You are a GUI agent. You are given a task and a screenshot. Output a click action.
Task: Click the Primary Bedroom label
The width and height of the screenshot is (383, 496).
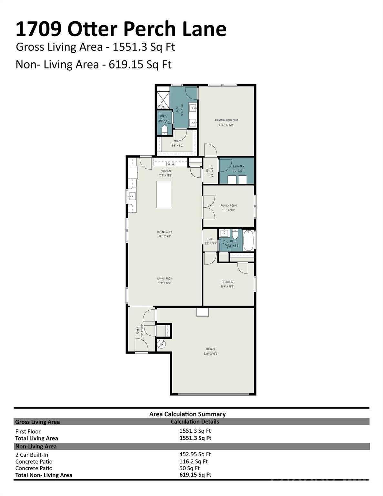(226, 120)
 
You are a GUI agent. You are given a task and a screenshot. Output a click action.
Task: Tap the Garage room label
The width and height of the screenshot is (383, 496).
(211, 349)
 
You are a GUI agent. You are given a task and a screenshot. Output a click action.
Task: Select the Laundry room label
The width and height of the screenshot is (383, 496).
(238, 166)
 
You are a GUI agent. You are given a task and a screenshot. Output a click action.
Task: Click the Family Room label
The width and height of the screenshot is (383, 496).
(228, 205)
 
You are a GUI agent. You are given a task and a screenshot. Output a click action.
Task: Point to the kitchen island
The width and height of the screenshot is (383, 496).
(164, 194)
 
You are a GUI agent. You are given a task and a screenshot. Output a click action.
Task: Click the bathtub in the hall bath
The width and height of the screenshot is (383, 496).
(248, 240)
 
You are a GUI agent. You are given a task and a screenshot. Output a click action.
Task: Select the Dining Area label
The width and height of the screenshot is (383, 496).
(165, 232)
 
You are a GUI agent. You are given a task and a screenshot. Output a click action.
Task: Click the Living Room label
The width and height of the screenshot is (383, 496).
(165, 278)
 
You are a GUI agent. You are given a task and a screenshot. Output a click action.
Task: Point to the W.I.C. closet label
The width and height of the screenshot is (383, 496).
(177, 141)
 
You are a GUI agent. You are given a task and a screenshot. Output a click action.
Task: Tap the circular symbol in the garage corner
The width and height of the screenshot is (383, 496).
(161, 345)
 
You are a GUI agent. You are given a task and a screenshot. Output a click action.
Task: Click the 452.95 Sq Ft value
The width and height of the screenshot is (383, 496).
(195, 454)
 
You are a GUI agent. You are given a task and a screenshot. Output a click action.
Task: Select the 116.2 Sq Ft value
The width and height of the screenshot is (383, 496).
(193, 461)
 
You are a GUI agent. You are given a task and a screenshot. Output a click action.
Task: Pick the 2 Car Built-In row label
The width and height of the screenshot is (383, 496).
(32, 455)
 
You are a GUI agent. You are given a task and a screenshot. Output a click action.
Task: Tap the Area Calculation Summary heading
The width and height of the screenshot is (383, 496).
(187, 414)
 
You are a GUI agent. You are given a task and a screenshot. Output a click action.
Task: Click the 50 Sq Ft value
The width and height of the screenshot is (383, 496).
(189, 468)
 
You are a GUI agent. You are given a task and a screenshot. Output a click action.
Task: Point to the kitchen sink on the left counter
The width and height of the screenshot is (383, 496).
(132, 196)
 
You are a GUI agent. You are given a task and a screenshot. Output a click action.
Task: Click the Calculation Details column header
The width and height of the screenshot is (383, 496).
(195, 421)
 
